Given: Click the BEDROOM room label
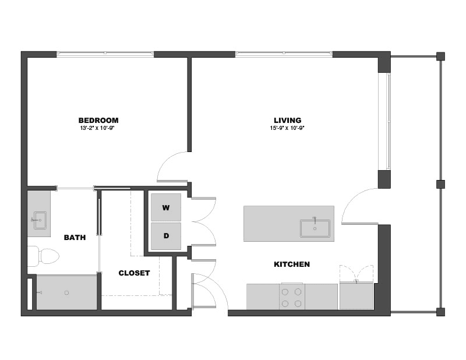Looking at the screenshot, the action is tap(98, 120).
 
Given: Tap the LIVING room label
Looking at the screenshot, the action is tap(287, 120).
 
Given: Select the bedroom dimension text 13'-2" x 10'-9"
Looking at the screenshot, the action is tap(97, 128).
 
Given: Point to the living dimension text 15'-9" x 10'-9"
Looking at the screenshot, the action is tap(287, 128).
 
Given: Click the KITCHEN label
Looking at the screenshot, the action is tap(292, 264).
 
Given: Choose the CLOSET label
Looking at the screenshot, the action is tap(134, 273).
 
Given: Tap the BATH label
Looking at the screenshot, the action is tap(75, 237).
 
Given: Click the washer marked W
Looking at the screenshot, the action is tap(166, 207).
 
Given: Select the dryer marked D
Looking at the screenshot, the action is tap(166, 236).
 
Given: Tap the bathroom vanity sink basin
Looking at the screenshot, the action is tap(40, 220).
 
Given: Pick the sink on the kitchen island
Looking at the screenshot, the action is tap(315, 228).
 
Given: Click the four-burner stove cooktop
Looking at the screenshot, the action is tap(292, 297).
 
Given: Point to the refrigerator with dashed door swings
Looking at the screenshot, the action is tap(356, 296).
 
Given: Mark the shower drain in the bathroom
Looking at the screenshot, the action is tap(66, 293).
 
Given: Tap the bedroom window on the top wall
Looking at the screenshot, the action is tap(105, 54).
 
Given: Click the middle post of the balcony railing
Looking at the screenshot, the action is tap(440, 184).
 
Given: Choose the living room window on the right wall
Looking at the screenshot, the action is tap(388, 121).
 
